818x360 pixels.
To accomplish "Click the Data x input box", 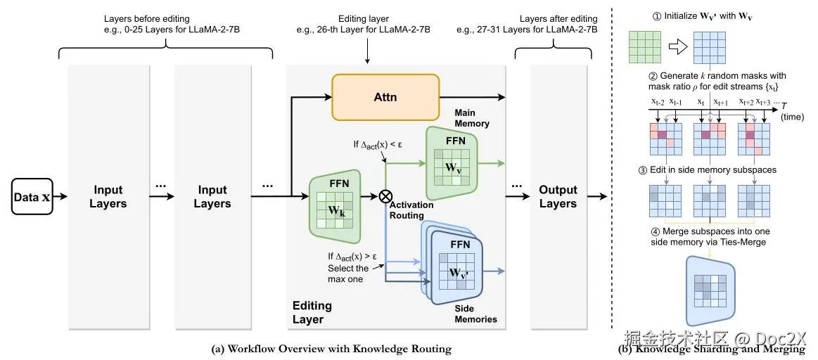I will (32, 197).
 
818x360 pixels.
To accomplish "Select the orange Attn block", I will (385, 97).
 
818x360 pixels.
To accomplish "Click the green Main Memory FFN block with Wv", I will (452, 162).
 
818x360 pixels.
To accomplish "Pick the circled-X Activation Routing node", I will (385, 196).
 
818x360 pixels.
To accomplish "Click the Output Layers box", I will (558, 197).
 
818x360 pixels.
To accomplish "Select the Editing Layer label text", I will (312, 313).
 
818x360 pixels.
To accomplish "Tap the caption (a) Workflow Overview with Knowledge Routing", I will (331, 349).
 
